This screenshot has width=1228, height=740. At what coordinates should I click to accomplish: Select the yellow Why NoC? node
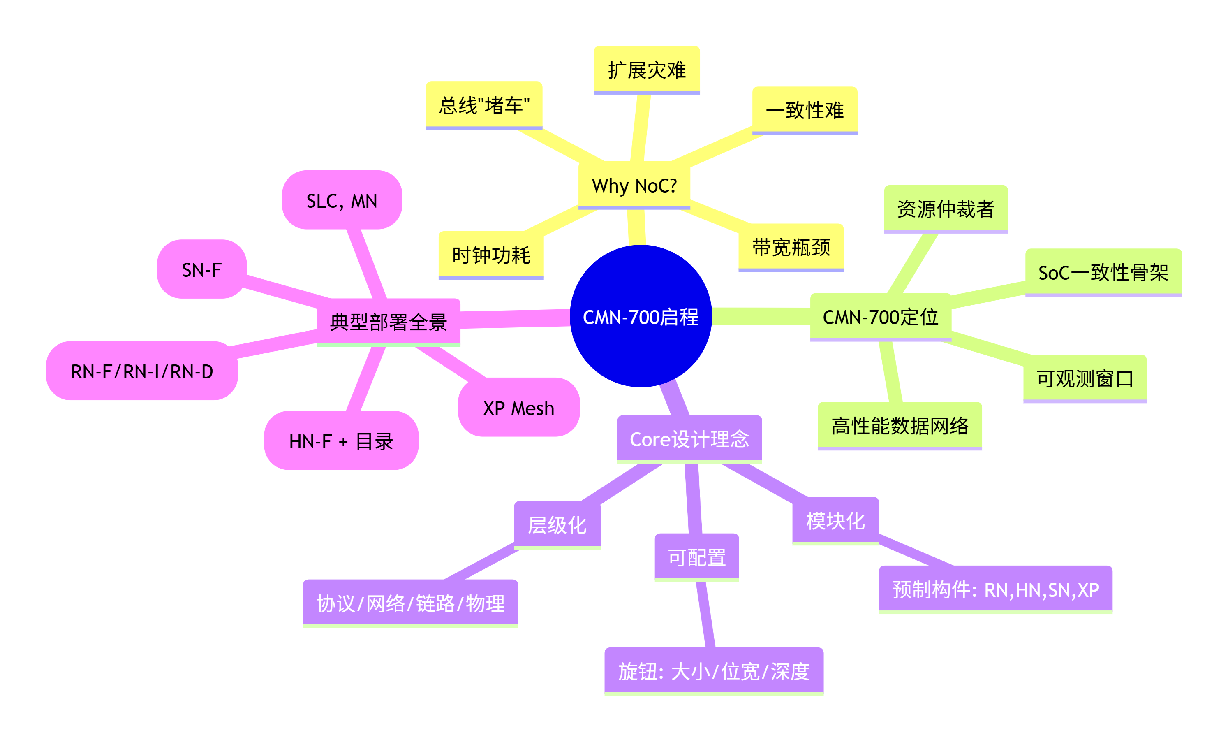point(634,185)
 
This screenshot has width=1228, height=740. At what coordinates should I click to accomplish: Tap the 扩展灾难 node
point(646,70)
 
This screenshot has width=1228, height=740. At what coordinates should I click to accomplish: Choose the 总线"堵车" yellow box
point(483,105)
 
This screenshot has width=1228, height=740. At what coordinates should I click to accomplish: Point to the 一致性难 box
point(805,110)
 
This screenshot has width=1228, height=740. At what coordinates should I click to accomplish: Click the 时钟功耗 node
point(491,255)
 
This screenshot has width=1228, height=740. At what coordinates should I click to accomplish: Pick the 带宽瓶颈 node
point(791,247)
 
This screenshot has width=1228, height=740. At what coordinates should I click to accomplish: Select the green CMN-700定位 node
point(880,317)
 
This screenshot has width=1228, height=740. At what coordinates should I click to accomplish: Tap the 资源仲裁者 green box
point(946,209)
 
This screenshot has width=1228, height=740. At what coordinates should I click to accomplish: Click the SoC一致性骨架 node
point(1103,272)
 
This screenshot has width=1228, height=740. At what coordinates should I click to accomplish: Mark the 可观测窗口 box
point(1085,378)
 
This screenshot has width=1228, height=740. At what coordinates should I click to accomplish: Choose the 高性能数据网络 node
point(900,425)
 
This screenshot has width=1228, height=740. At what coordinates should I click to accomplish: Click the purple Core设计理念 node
point(689,439)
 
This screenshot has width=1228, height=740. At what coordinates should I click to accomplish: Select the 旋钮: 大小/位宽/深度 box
point(714,671)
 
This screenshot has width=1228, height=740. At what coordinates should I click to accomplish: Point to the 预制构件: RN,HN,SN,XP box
point(995,589)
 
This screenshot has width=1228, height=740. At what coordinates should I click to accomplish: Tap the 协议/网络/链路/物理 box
point(410,603)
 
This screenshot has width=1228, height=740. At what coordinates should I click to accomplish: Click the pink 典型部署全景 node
point(388,322)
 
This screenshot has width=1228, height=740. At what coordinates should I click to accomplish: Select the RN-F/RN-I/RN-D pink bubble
point(141,371)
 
